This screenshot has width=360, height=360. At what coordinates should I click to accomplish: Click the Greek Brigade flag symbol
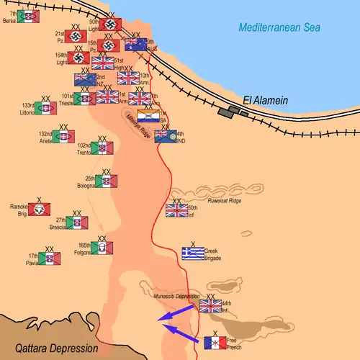(192, 253)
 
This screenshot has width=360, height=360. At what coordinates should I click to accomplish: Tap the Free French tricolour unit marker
(215, 341)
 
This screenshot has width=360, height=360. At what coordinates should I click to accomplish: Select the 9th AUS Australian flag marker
(135, 45)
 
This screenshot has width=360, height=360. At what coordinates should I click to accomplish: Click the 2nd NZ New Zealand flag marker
(85, 80)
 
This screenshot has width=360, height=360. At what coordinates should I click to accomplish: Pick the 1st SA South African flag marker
(148, 116)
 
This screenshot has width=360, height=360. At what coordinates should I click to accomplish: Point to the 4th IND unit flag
(165, 136)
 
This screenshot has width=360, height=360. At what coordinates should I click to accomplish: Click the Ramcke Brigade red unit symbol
(40, 209)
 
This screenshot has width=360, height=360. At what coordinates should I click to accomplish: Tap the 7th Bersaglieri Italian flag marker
(28, 17)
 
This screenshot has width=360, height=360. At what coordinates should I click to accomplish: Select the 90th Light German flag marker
(110, 23)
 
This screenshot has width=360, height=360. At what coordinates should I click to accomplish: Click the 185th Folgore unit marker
(102, 248)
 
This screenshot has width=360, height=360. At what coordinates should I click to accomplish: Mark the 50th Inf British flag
(176, 210)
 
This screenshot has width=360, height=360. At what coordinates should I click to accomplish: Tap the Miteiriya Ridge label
(136, 123)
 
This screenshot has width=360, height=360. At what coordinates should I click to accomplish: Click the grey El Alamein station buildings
(234, 111)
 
